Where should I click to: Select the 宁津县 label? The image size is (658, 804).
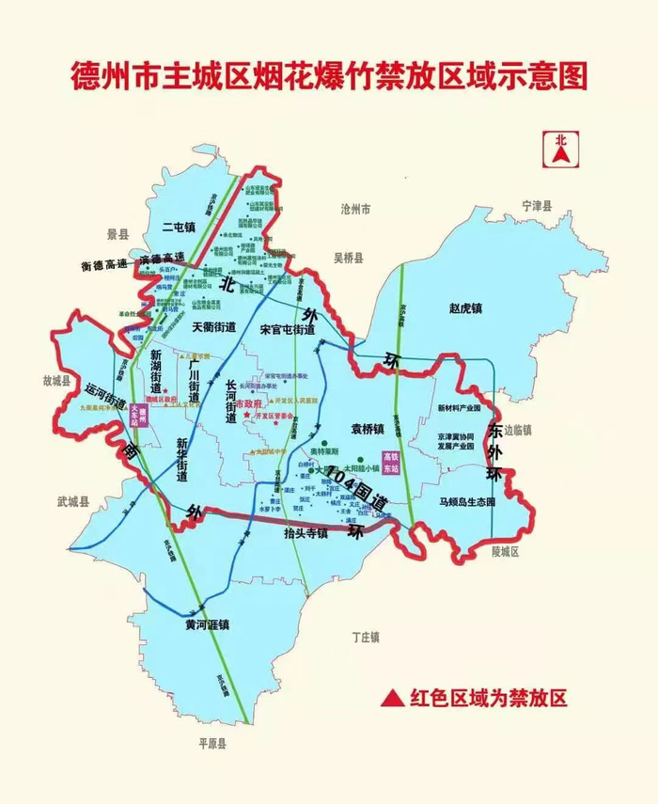tap(539, 204)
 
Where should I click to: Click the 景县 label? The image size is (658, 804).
tap(117, 234)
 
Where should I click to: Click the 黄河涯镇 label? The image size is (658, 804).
tap(208, 625)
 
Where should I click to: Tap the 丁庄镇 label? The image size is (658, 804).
tap(365, 637)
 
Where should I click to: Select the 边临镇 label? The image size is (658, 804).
tap(517, 430)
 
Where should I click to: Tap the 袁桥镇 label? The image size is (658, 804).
tap(368, 430)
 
